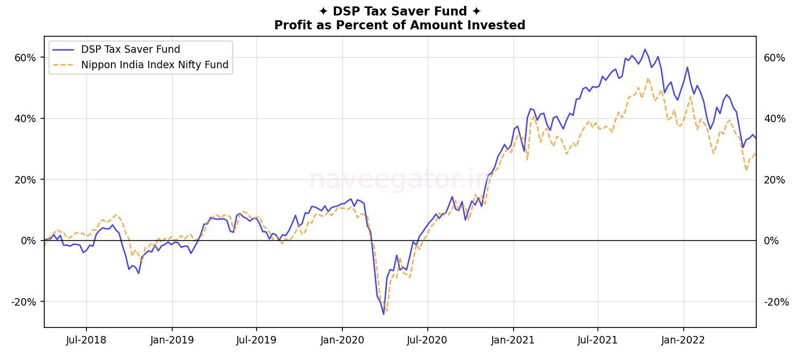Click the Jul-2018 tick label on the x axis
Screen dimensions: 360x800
click(86, 340)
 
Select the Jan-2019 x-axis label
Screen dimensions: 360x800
click(172, 340)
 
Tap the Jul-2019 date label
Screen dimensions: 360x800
click(257, 340)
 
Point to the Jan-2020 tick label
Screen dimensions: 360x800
click(342, 340)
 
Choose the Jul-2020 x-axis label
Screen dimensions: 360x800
click(427, 340)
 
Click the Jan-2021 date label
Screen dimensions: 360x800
click(513, 340)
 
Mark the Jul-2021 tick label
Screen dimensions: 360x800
click(597, 340)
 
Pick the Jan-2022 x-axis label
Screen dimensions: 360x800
click(683, 340)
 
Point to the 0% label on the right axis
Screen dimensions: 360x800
click(771, 241)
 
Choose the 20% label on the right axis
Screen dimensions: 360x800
click(774, 180)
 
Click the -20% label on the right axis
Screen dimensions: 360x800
click(776, 302)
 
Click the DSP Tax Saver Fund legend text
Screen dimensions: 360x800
click(130, 50)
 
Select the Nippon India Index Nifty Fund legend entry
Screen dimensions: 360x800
click(155, 65)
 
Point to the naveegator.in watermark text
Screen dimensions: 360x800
click(399, 179)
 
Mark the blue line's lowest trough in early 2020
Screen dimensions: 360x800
click(383, 314)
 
